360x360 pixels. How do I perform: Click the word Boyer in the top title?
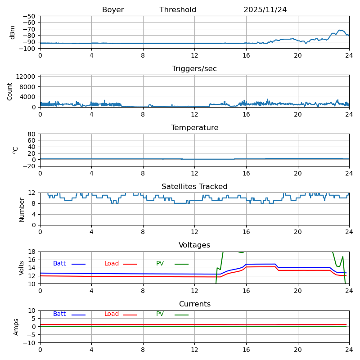113,10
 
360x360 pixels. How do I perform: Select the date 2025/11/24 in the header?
265,10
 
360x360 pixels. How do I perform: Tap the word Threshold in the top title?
178,10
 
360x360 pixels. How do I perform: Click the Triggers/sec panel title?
194,69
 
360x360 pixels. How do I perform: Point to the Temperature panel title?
194,128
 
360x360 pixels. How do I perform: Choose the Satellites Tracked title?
194,187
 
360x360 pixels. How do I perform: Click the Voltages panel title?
194,245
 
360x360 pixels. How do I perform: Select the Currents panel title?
194,304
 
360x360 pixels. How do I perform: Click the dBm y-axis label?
13,32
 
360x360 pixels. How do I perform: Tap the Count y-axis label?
10,91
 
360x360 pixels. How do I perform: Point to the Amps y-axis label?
16,327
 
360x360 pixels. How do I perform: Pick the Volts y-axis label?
22,268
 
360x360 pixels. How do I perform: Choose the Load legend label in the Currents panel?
112,314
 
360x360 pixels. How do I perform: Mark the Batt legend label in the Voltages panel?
59,264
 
